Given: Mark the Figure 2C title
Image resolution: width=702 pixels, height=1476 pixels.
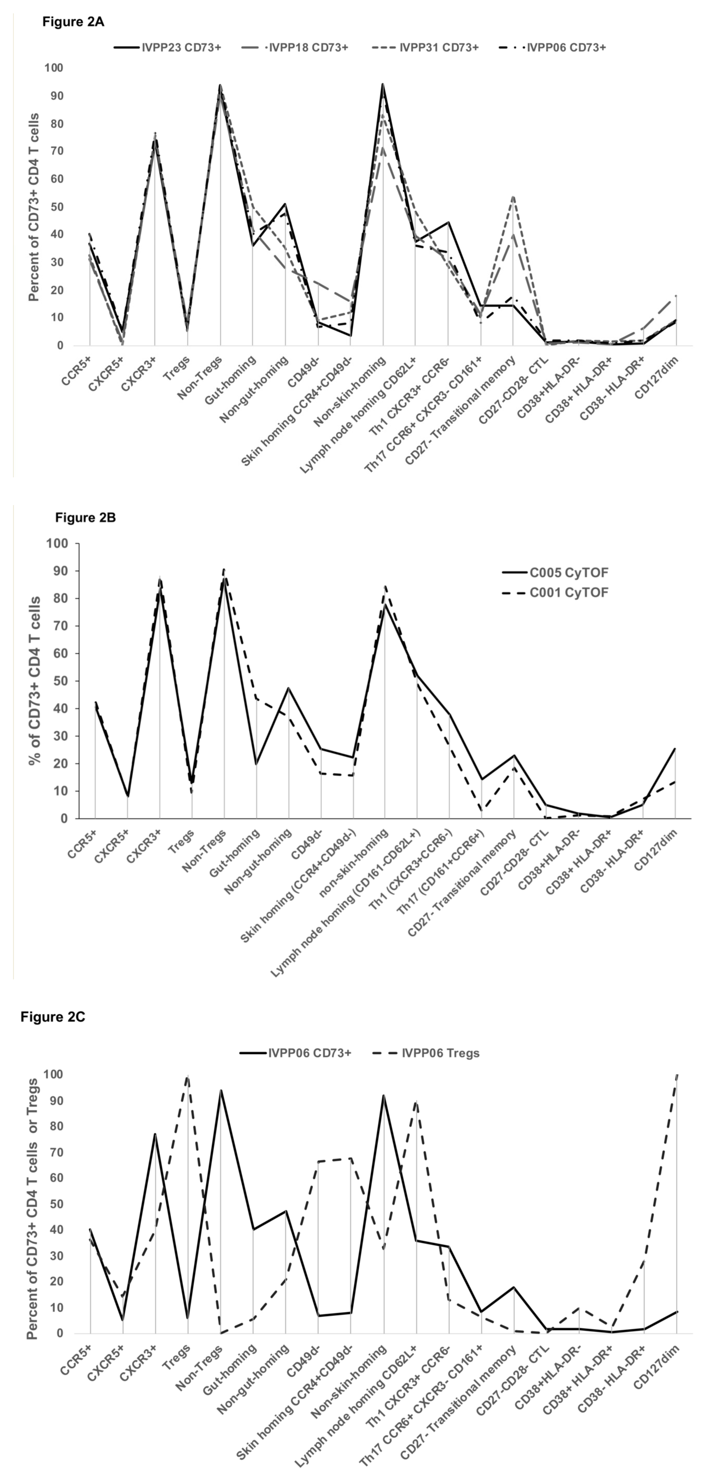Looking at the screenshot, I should [x=53, y=1017].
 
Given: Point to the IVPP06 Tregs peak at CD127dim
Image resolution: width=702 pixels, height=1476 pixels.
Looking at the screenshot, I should [x=677, y=1076].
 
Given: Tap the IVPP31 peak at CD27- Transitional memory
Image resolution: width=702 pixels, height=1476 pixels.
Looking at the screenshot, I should [x=514, y=197].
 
